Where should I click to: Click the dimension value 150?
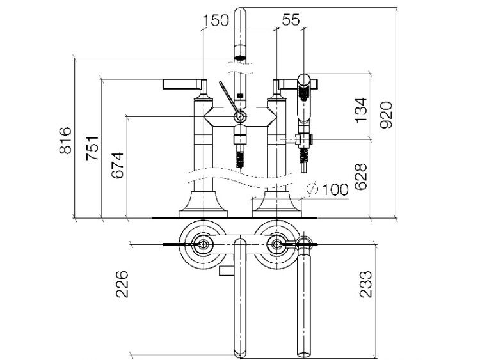pyautogui.click(x=216, y=20)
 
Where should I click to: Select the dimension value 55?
pyautogui.click(x=291, y=20)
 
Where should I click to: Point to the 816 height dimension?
pyautogui.click(x=65, y=141)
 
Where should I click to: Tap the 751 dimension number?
pyautogui.click(x=92, y=148)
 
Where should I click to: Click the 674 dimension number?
pyautogui.click(x=118, y=166)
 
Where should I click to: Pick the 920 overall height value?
pyautogui.click(x=385, y=115)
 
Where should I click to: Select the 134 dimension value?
pyautogui.click(x=360, y=110)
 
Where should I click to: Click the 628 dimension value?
pyautogui.click(x=360, y=176)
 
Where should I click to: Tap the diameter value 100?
pyautogui.click(x=335, y=189)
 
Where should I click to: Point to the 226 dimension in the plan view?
pyautogui.click(x=122, y=284)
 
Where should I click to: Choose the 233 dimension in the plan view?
pyautogui.click(x=366, y=284)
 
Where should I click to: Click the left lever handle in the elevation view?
pyautogui.click(x=185, y=84)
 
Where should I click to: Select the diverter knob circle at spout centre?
pyautogui.click(x=240, y=116)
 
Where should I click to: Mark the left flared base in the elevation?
pyautogui.click(x=203, y=205)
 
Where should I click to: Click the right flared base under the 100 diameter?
pyautogui.click(x=276, y=205)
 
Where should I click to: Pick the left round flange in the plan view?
pyautogui.click(x=202, y=244)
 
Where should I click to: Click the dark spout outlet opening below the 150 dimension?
pyautogui.click(x=240, y=57)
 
